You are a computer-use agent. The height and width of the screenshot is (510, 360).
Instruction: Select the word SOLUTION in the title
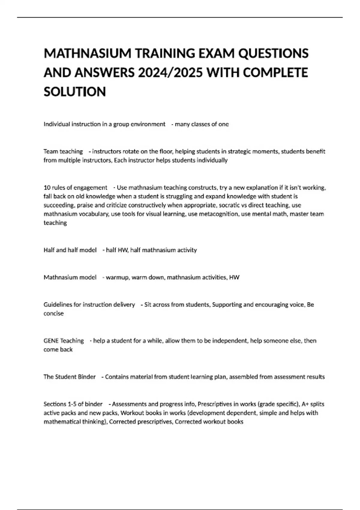pyautogui.click(x=75, y=92)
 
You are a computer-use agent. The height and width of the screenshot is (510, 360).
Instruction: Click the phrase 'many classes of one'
pyautogui.click(x=202, y=124)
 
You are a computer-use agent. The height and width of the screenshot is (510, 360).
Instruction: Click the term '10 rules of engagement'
pyautogui.click(x=75, y=188)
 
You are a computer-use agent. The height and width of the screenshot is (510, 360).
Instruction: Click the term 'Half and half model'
pyautogui.click(x=70, y=250)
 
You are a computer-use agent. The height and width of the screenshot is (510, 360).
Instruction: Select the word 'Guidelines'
pyautogui.click(x=58, y=305)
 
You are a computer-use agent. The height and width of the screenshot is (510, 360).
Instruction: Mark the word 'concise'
pyautogui.click(x=54, y=313)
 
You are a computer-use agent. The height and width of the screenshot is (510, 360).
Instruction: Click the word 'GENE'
pyautogui.click(x=51, y=341)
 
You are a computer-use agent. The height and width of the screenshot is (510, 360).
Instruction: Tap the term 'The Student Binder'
pyautogui.click(x=70, y=377)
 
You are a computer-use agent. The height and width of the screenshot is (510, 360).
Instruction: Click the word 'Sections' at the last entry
pyautogui.click(x=55, y=404)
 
